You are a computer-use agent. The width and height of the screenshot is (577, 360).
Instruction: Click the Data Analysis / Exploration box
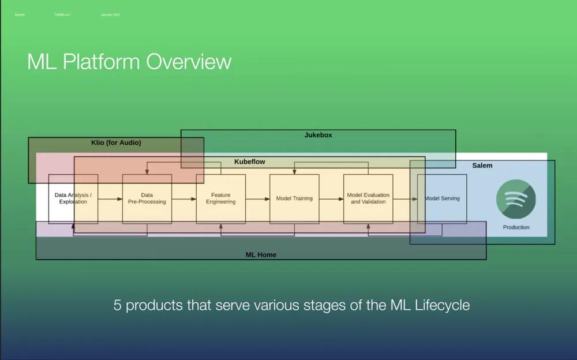click(x=73, y=198)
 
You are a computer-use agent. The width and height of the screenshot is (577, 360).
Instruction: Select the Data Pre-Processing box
click(x=147, y=198)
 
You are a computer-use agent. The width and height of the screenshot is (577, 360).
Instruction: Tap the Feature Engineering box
click(x=220, y=198)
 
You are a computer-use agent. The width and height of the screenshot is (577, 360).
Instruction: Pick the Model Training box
click(x=294, y=198)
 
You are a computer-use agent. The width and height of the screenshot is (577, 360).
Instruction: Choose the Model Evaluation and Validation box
click(x=368, y=198)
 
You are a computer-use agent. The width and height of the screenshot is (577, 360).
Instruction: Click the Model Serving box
click(x=442, y=198)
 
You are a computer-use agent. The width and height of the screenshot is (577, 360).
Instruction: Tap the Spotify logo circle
click(x=516, y=198)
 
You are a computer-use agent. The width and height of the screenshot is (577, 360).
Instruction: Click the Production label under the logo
click(x=516, y=227)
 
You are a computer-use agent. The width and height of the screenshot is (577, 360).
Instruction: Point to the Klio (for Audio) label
click(x=116, y=142)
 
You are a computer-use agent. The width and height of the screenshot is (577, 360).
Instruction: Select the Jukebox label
click(x=318, y=135)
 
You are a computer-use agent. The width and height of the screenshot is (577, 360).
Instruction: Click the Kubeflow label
click(x=249, y=162)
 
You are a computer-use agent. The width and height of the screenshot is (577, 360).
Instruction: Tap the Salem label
click(x=482, y=166)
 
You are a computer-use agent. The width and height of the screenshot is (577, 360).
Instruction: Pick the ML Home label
click(x=261, y=254)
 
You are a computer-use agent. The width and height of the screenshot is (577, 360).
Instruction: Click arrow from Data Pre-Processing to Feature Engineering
click(x=184, y=199)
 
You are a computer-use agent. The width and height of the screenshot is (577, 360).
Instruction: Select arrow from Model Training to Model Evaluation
click(x=332, y=199)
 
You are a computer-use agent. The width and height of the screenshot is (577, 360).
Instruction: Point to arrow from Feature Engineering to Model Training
click(x=258, y=199)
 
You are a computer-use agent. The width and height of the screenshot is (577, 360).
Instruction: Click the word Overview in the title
click(x=189, y=62)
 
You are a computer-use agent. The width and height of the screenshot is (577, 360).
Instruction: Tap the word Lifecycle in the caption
click(x=442, y=305)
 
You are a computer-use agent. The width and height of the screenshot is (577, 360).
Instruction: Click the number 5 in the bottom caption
click(x=117, y=305)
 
